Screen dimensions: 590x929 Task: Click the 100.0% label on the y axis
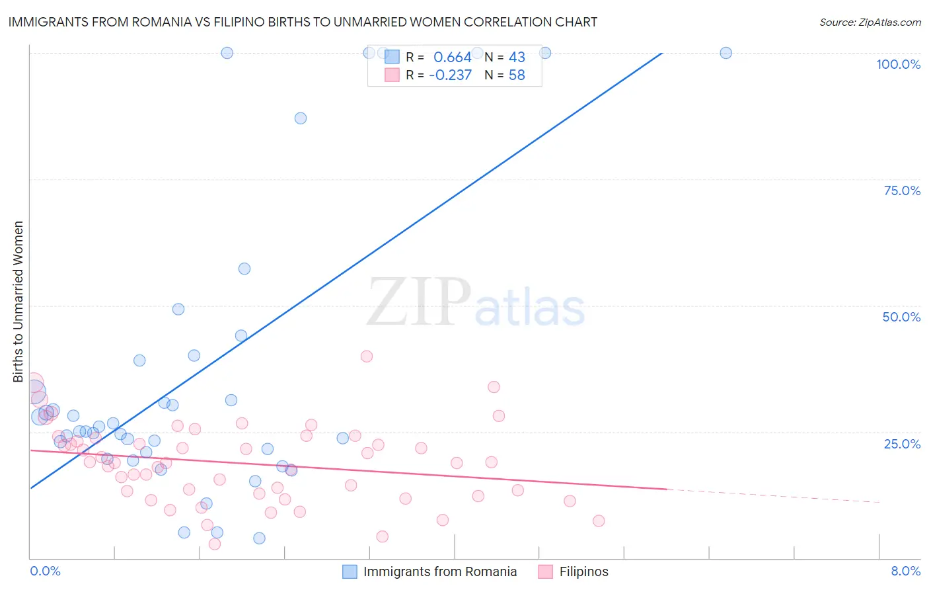898,64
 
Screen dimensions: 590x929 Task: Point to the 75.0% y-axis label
902,190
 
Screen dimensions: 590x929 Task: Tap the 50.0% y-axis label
901,317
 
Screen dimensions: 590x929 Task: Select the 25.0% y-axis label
902,444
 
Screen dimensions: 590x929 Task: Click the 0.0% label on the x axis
45,571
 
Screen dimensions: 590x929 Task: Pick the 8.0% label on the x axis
905,571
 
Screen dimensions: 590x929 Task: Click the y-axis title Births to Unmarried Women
18,302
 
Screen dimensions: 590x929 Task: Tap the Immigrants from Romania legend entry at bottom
439,571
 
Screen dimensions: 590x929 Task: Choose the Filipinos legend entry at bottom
583,571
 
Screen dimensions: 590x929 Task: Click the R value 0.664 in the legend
452,58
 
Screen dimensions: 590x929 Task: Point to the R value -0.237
450,75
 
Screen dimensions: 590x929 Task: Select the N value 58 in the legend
517,75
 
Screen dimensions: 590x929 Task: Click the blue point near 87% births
301,118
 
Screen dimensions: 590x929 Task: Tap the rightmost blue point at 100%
725,53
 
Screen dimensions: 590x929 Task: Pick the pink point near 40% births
367,357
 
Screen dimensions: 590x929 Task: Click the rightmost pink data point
599,521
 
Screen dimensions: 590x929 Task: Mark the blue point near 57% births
244,269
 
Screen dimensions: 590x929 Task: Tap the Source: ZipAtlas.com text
870,22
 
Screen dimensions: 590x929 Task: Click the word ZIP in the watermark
418,303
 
